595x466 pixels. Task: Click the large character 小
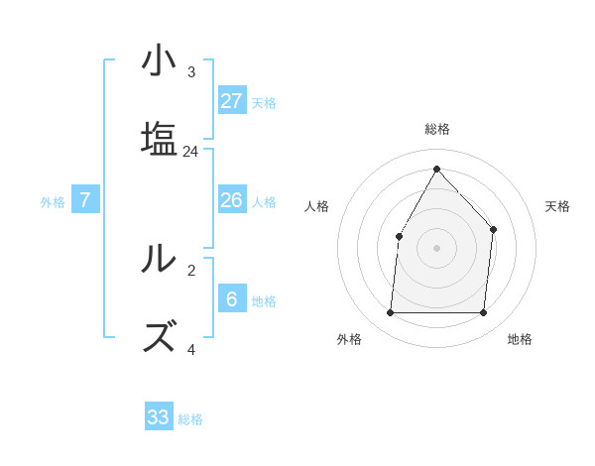click(159, 61)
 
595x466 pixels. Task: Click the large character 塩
click(159, 139)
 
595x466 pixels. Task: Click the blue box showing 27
click(232, 101)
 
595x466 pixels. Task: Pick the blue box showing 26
click(232, 200)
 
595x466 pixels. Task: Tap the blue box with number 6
click(232, 299)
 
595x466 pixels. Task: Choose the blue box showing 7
click(85, 200)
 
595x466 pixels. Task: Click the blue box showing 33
click(159, 417)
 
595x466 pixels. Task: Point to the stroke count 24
click(191, 152)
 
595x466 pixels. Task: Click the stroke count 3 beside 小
click(191, 72)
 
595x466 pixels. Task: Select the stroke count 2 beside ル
click(191, 270)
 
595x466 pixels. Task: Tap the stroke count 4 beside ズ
click(191, 349)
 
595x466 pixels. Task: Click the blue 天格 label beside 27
click(264, 102)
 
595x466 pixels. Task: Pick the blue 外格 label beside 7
click(53, 202)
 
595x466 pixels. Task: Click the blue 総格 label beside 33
click(190, 419)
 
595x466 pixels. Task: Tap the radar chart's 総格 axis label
click(436, 129)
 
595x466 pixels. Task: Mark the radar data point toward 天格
click(493, 229)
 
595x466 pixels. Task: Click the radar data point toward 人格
click(399, 236)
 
